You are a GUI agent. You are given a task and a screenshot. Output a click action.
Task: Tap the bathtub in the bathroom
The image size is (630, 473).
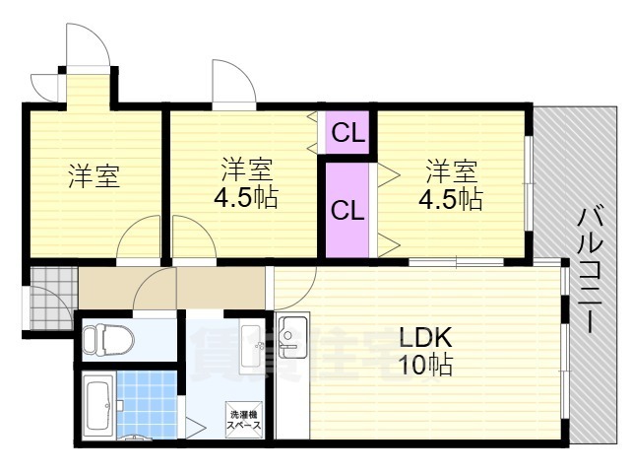click(x=97, y=406)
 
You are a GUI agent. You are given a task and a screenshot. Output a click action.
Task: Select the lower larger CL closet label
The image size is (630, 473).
click(x=346, y=210)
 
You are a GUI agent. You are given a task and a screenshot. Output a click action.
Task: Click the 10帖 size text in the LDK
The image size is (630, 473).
click(x=425, y=366)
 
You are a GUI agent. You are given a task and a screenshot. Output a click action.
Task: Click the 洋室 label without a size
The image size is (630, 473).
click(x=94, y=177)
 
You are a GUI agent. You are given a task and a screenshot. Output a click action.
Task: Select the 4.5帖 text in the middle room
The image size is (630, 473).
click(x=246, y=196)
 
